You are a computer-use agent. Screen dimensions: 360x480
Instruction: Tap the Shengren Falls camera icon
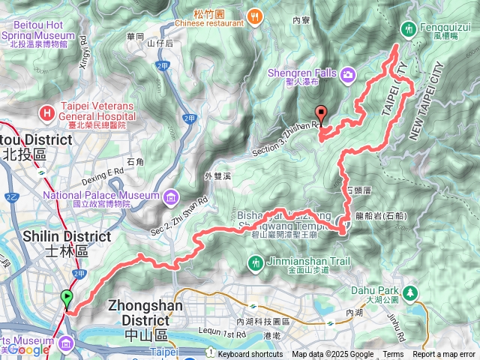coord(348,73)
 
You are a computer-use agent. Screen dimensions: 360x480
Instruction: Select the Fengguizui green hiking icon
coord(409,28)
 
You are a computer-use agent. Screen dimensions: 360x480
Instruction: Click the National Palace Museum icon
coord(171,196)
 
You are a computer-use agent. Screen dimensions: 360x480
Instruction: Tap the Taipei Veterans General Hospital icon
coord(48,113)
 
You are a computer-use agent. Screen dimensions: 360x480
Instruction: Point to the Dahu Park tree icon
coord(409,292)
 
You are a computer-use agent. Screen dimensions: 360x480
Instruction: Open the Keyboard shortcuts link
coord(250,355)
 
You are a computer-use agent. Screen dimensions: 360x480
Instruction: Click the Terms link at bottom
coord(392,355)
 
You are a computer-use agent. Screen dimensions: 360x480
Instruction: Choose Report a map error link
coord(444,355)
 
